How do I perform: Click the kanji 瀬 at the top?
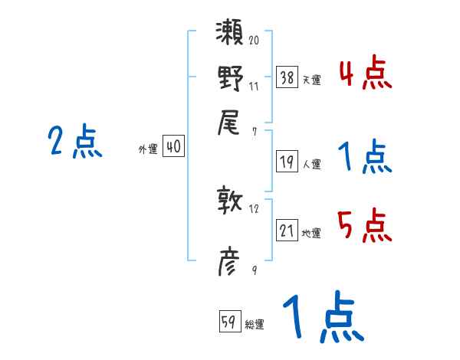[x=230, y=34]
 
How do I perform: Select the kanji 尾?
[x=230, y=121]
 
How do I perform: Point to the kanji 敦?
[x=230, y=201]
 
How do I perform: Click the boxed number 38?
[x=287, y=77]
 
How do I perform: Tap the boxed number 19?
[x=287, y=162]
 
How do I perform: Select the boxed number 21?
[x=287, y=231]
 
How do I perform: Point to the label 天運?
[x=312, y=80]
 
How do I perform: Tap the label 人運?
[x=312, y=164]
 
